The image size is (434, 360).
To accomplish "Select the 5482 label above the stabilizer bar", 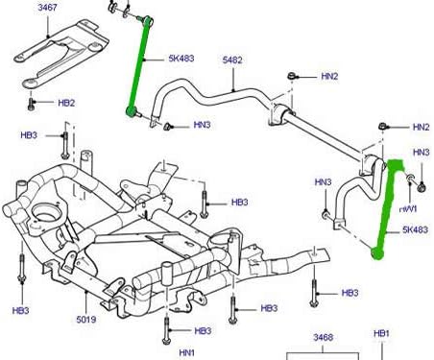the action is pyautogui.click(x=232, y=60).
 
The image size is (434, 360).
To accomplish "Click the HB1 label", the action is pyautogui.click(x=382, y=333).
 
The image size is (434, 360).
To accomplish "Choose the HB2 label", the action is pyautogui.click(x=66, y=103).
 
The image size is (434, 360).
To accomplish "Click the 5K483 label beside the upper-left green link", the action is pyautogui.click(x=181, y=59).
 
